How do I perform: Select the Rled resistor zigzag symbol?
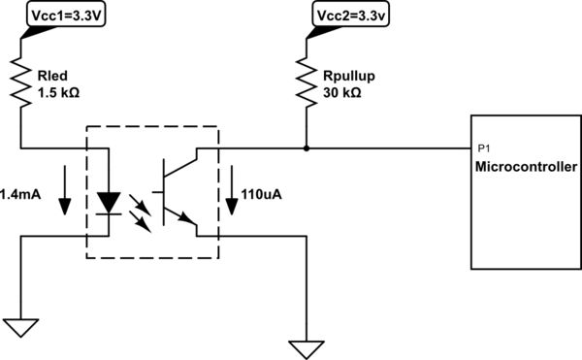tap(20, 82)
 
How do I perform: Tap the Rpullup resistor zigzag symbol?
tap(307, 82)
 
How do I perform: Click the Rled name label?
tap(51, 74)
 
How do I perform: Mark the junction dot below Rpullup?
tap(307, 148)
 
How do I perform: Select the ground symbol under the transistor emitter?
tap(307, 346)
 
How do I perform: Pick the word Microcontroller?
tap(523, 168)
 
